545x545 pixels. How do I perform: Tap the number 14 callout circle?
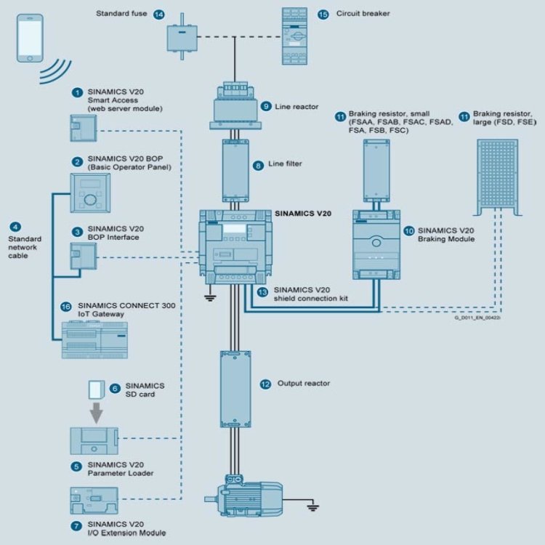(x=159, y=14)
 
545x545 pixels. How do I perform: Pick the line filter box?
(x=235, y=170)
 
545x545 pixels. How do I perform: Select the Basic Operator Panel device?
(x=89, y=193)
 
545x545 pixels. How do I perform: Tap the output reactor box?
(x=235, y=389)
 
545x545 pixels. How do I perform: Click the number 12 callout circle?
(x=265, y=383)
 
